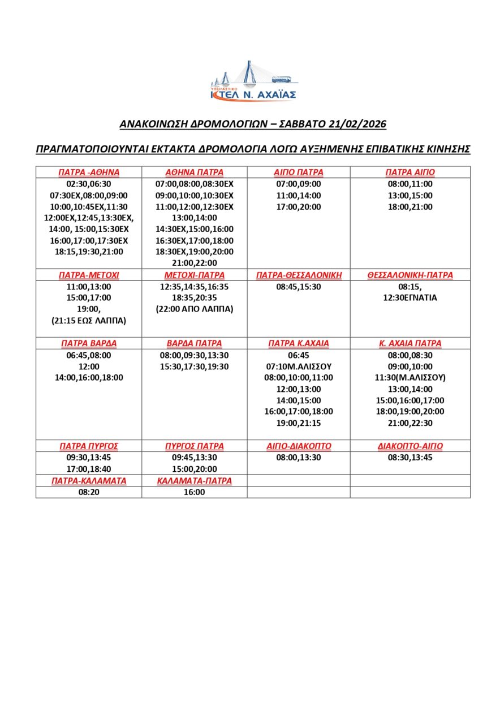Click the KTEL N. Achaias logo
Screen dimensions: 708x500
tap(253, 82)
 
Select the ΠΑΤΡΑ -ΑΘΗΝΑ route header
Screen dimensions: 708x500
tap(89, 172)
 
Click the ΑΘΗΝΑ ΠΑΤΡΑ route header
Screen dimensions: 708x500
tap(194, 172)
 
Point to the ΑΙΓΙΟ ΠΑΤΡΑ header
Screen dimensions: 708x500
tap(298, 172)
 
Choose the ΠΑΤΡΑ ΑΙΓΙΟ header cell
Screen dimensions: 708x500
tap(410, 172)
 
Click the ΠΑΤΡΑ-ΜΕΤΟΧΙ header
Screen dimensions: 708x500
tap(89, 275)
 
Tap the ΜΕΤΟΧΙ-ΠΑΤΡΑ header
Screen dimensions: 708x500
tap(194, 275)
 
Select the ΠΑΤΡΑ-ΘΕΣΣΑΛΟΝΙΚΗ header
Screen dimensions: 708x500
tap(299, 275)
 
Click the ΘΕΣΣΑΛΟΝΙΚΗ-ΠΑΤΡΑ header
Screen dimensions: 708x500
tap(410, 275)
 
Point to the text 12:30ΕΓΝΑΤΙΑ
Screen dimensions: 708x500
tap(410, 297)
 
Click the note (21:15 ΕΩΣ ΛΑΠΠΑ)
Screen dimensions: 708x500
tap(89, 321)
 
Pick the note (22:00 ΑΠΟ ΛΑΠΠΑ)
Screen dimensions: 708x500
tap(194, 309)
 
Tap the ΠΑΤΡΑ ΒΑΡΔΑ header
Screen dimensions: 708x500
tap(89, 344)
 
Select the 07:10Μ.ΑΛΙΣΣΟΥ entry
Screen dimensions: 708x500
tap(299, 366)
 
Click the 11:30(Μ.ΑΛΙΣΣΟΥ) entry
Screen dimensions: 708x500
tap(410, 378)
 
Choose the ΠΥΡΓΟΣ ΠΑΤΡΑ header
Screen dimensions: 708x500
tap(194, 446)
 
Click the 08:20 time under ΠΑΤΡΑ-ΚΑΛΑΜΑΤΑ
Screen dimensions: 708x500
tap(89, 492)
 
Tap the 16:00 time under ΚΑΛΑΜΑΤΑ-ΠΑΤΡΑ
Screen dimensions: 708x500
tap(194, 492)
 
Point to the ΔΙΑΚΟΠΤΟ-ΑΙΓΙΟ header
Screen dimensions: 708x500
tap(410, 446)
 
